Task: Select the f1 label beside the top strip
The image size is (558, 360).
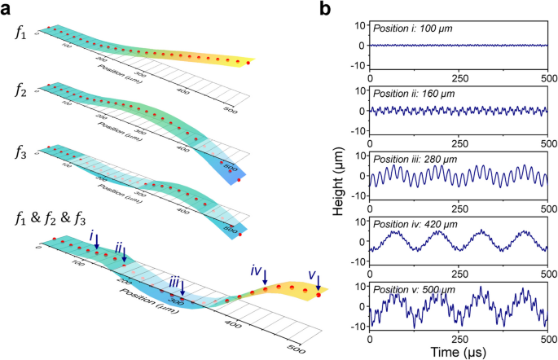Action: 22,33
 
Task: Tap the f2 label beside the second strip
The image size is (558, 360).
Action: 23,92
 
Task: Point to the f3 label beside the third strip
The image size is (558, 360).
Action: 23,151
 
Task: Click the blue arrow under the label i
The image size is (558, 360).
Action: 97,242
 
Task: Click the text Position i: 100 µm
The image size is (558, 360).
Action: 413,29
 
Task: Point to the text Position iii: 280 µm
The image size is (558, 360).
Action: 416,157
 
